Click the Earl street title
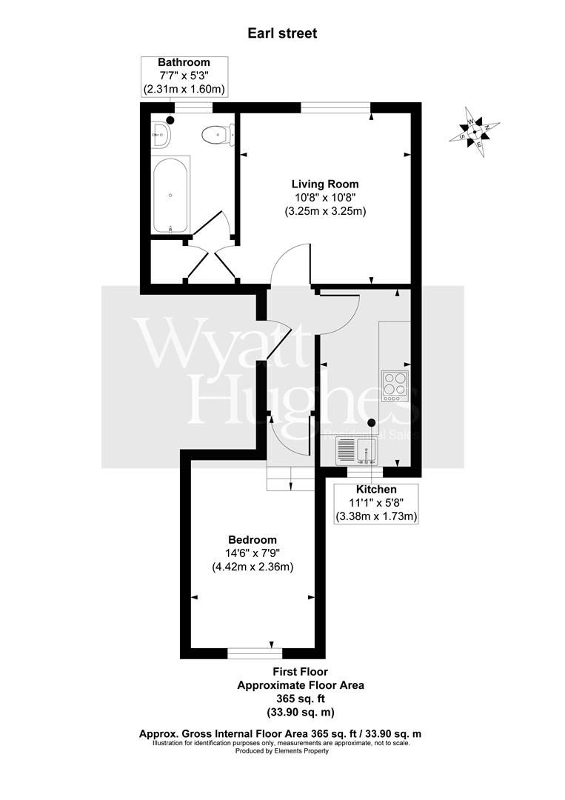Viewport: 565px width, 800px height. pos(282,33)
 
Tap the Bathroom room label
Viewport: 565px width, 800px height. pos(184,62)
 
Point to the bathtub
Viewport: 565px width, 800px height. pos(170,196)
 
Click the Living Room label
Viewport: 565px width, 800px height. pos(325,184)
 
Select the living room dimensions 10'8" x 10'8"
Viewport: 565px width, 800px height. pos(325,197)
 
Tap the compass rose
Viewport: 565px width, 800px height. pos(474,132)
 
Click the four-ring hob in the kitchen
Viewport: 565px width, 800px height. pos(395,386)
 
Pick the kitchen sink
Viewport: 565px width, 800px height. pos(356,452)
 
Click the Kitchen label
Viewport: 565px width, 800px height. pos(376,490)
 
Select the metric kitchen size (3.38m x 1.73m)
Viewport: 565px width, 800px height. pos(376,516)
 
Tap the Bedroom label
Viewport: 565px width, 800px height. pos(253,540)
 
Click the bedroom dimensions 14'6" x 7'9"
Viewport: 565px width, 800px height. pos(253,553)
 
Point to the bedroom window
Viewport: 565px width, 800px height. pos(255,653)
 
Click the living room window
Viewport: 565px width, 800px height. pos(335,107)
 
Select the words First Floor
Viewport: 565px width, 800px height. pos(301,671)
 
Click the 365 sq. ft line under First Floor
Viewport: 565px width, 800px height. pos(301,699)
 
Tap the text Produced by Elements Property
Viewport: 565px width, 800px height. pos(282,751)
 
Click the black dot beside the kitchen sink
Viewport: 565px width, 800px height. pos(372,422)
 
